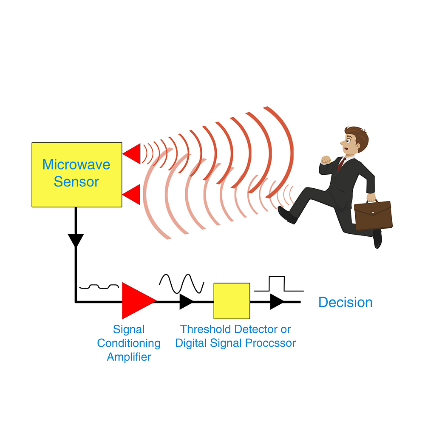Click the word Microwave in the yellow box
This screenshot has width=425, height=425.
point(76,164)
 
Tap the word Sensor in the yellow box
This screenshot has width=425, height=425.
point(76,181)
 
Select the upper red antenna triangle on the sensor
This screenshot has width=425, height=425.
point(132,154)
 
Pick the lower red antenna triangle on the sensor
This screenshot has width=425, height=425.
point(131,195)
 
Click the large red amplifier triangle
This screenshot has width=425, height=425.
point(137,300)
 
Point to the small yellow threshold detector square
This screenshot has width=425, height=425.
point(232,301)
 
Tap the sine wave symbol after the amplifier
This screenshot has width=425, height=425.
point(181,284)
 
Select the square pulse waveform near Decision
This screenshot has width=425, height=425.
point(279,284)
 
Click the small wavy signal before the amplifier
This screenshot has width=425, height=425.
point(99,286)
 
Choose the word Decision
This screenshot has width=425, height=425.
point(345,302)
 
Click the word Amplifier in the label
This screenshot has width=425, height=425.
point(129,357)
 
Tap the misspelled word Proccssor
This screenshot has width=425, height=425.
point(270,343)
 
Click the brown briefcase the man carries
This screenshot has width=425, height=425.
point(373,215)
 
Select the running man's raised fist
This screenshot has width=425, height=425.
point(326,160)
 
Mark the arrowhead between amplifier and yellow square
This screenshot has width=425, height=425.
point(187,301)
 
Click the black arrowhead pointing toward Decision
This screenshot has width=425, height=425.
point(277,301)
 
